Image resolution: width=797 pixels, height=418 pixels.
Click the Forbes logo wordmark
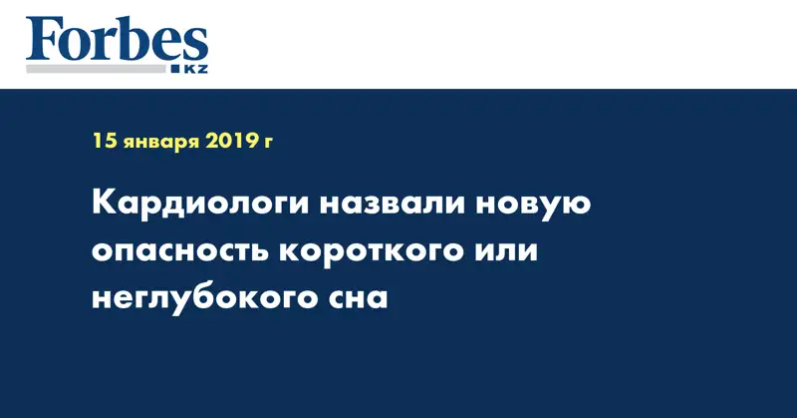[x=117, y=39]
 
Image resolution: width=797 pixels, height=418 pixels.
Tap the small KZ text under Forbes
[x=195, y=69]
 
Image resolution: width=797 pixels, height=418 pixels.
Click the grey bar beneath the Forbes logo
[x=97, y=69]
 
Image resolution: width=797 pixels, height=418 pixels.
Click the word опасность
[x=180, y=251]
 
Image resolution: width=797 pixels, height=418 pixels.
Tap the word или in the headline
[x=507, y=251]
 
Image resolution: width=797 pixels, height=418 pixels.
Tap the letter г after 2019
[x=267, y=143]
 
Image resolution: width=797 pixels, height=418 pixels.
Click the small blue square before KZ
[x=176, y=69]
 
